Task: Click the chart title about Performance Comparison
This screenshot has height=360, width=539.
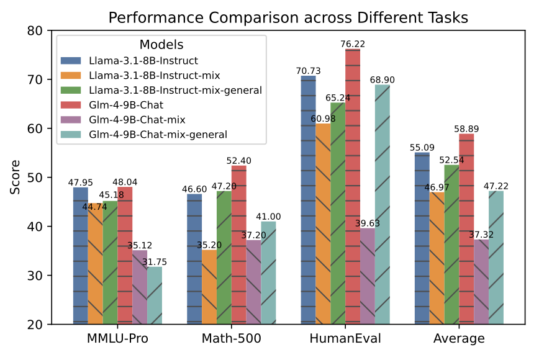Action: (288, 17)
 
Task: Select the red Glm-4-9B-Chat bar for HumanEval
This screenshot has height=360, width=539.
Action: (353, 186)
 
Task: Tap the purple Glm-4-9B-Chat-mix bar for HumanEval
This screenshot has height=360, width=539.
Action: (368, 276)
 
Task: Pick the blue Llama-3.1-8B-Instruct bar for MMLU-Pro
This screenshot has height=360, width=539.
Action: (80, 255)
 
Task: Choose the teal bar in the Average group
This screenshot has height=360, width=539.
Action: (496, 257)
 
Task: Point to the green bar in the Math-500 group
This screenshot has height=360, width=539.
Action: (224, 257)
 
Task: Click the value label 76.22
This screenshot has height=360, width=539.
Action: (353, 43)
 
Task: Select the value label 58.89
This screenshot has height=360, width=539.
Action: (466, 128)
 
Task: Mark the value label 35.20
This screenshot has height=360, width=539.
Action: (209, 245)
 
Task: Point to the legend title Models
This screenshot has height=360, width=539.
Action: (161, 45)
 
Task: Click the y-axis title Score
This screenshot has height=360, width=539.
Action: (15, 178)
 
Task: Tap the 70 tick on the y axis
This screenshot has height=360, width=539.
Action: (38, 79)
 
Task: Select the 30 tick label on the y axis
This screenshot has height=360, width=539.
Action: (38, 276)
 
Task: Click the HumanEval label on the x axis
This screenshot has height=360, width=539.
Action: (345, 339)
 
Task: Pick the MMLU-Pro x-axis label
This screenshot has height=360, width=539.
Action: (117, 339)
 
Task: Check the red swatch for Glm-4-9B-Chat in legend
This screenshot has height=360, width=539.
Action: (71, 104)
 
